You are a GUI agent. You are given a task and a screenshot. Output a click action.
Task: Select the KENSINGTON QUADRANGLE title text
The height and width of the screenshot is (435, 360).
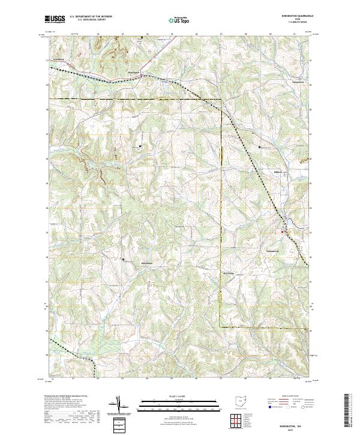(295, 17)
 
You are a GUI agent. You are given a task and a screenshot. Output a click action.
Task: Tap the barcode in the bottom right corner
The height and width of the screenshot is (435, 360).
(350, 413)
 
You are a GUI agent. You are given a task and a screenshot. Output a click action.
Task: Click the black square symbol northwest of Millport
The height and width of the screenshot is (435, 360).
(260, 147)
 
